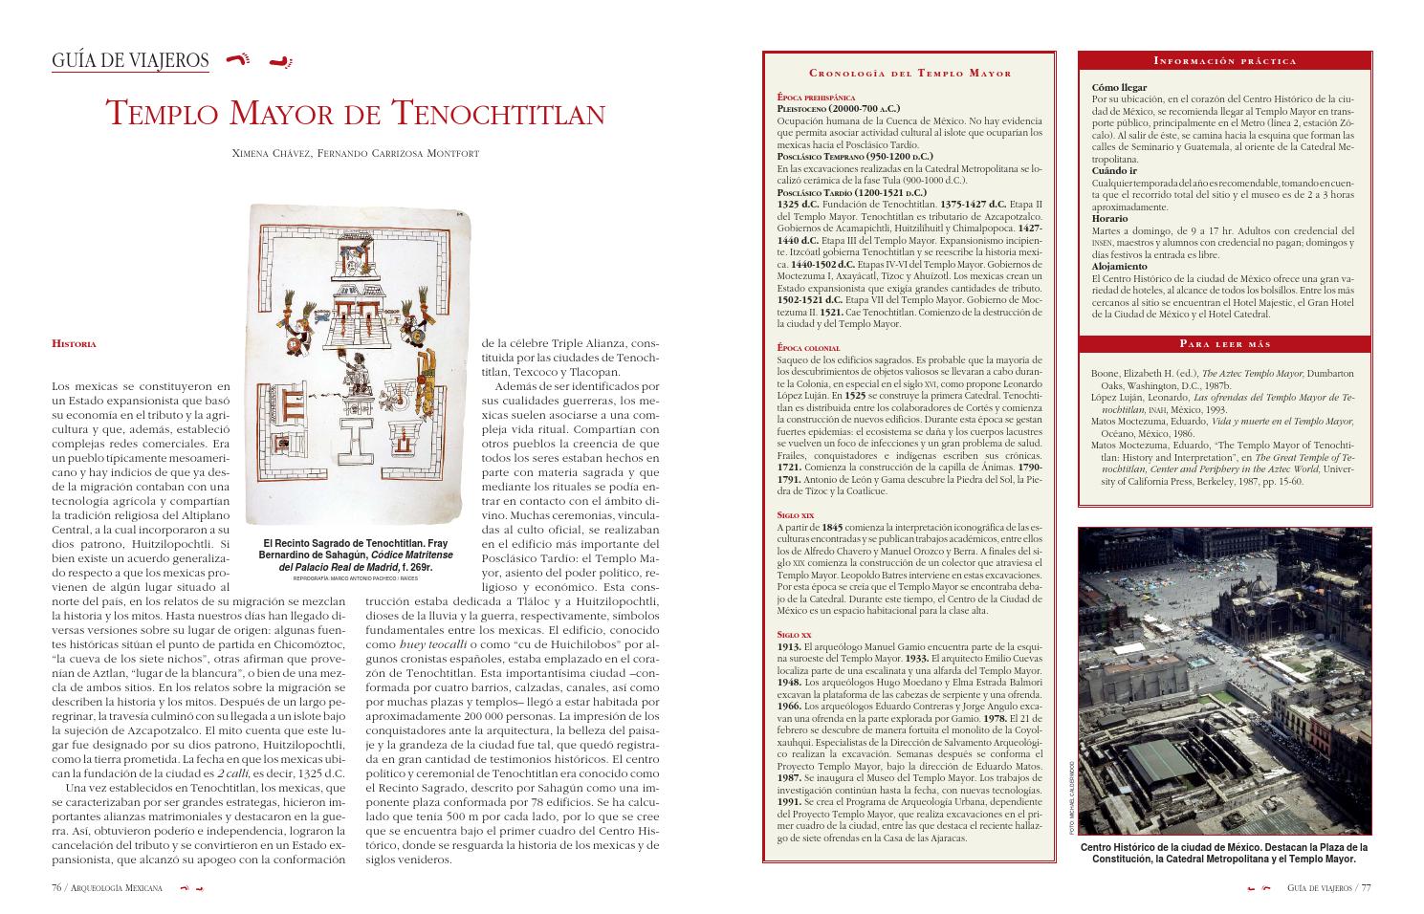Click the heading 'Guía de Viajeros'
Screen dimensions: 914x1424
tap(130, 61)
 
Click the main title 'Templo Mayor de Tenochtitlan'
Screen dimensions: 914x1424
tap(355, 113)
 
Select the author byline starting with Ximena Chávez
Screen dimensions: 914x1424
tap(355, 153)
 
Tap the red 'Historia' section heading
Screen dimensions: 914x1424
tap(74, 343)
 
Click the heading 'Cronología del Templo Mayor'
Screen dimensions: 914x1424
tap(909, 73)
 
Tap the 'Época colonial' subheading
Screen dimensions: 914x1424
tap(808, 348)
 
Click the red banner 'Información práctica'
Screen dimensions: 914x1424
tap(1224, 61)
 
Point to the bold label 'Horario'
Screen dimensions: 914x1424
tap(1109, 219)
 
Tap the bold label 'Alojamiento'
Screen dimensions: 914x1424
tap(1119, 267)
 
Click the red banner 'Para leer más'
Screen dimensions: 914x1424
tap(1224, 344)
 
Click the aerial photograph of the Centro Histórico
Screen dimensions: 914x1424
tap(1224, 682)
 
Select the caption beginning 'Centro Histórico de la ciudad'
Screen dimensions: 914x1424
tap(1224, 853)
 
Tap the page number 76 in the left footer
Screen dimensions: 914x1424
tap(57, 888)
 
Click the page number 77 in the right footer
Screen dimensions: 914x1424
tap(1366, 888)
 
